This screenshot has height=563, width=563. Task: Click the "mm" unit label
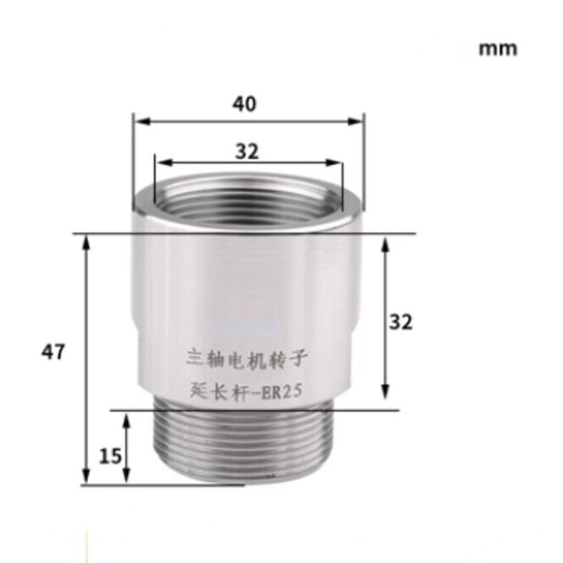pyautogui.click(x=498, y=48)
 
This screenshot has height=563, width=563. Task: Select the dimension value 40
pyautogui.click(x=245, y=104)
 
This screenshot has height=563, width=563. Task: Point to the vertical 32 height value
pyautogui.click(x=401, y=322)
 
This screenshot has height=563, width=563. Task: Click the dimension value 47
pyautogui.click(x=53, y=352)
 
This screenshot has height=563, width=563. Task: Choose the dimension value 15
pyautogui.click(x=111, y=456)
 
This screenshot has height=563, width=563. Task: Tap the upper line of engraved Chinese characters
pyautogui.click(x=246, y=357)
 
